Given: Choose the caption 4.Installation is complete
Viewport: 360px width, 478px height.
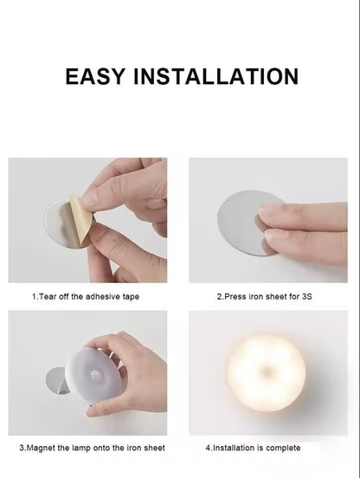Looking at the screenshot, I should click(x=254, y=448).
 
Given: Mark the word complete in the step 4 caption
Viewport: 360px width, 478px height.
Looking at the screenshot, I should click(x=283, y=448).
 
